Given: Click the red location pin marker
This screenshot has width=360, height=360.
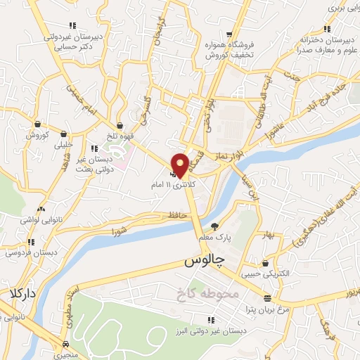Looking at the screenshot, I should (x=180, y=165).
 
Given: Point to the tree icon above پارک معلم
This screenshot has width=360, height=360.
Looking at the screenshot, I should (x=215, y=226).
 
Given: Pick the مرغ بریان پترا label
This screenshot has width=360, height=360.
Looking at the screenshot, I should (x=264, y=309).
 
